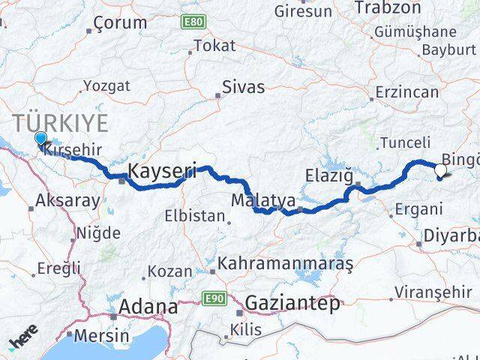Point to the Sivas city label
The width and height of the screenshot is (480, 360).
[x=244, y=87]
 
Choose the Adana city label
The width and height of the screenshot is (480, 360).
[x=149, y=307]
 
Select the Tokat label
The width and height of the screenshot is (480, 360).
[x=214, y=46]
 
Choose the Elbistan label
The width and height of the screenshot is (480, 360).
[x=195, y=216]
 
